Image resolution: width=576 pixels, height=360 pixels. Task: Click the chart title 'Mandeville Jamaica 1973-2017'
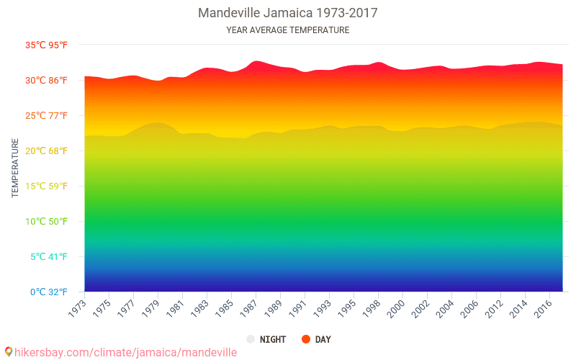(287, 13)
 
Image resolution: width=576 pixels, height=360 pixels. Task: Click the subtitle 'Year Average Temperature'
(287, 30)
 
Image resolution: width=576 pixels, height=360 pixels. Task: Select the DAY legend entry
(317, 339)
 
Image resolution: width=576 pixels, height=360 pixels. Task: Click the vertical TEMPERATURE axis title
(15, 168)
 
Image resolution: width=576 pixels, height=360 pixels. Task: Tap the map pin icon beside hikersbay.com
(9, 352)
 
